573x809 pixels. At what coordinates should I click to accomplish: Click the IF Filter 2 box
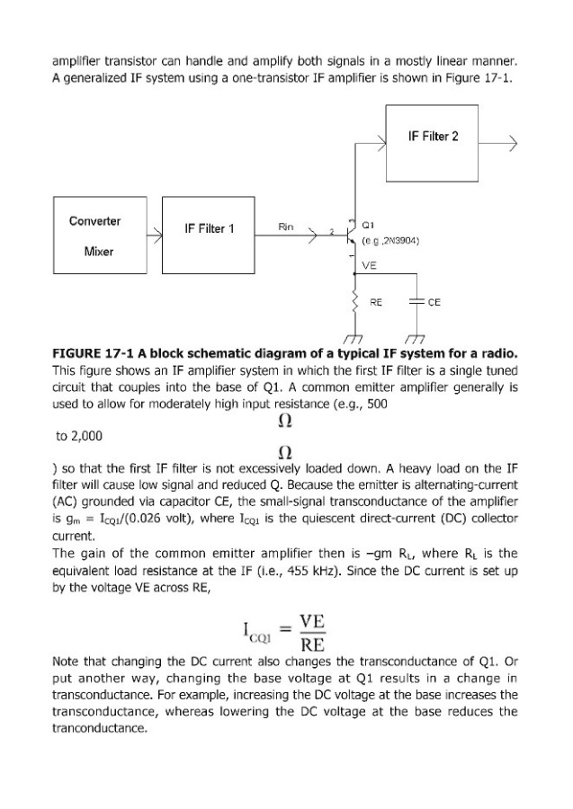point(432,137)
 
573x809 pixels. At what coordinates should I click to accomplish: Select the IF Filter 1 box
point(209,228)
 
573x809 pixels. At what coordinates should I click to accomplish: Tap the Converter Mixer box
point(99,236)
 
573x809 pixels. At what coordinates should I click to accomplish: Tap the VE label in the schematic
point(369,265)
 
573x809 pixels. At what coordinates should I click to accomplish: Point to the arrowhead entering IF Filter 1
point(157,236)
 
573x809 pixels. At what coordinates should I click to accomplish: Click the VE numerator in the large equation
point(312,623)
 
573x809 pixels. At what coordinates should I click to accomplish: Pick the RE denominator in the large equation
point(312,646)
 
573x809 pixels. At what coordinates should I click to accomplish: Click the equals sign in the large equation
point(280,635)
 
